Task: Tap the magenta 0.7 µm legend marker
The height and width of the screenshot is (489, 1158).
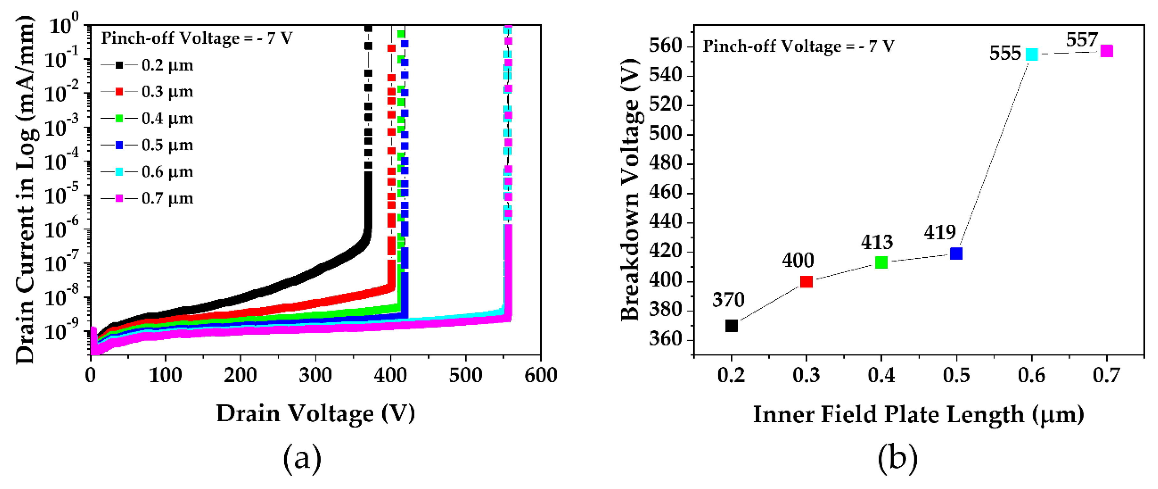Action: pyautogui.click(x=119, y=198)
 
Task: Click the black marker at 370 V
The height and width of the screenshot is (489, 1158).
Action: pyautogui.click(x=731, y=325)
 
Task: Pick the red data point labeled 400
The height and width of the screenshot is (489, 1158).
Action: pyautogui.click(x=806, y=282)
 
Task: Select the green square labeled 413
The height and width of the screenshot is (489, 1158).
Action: pyautogui.click(x=881, y=262)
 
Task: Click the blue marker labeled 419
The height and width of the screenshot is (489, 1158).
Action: pyautogui.click(x=956, y=253)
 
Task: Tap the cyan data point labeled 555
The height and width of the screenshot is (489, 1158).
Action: pyautogui.click(x=1032, y=54)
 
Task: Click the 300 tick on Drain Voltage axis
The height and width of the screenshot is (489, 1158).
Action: pyautogui.click(x=315, y=375)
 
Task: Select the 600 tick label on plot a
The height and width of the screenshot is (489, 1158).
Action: pyautogui.click(x=540, y=375)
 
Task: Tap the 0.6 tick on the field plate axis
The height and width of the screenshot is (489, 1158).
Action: pyautogui.click(x=1032, y=375)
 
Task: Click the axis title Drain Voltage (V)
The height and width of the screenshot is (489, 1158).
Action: pyautogui.click(x=315, y=413)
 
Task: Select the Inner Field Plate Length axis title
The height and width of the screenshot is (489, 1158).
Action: pyautogui.click(x=918, y=414)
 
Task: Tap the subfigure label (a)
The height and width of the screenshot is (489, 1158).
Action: pyautogui.click(x=302, y=458)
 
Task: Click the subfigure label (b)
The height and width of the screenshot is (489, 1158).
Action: pyautogui.click(x=897, y=458)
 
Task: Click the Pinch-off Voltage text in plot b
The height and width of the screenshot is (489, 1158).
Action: pyautogui.click(x=798, y=46)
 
